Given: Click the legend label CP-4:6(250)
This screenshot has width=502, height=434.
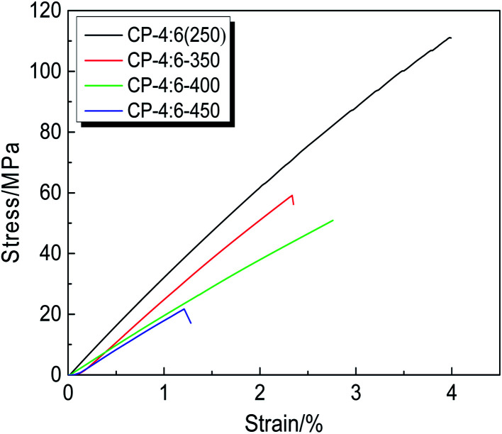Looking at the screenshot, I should point(174,33).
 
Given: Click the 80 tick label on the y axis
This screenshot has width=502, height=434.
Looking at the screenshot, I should point(46,133).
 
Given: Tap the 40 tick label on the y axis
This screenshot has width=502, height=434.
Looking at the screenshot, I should point(46,254).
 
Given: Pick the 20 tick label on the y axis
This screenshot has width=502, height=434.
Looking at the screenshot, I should point(46,314).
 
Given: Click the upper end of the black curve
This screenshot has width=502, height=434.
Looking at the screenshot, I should point(450,38).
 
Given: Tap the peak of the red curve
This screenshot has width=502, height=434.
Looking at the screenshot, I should point(291,195).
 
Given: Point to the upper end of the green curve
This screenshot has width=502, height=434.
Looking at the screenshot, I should point(333,220).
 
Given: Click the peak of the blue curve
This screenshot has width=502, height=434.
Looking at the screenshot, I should point(184,308).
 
